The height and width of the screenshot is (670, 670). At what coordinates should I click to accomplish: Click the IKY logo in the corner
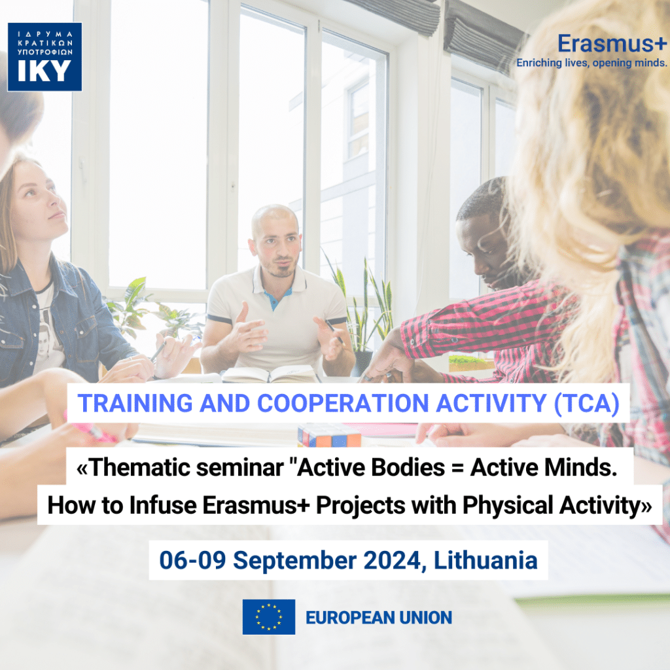pyautogui.click(x=44, y=57)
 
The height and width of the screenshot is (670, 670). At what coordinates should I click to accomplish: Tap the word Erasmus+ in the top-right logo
pyautogui.click(x=612, y=44)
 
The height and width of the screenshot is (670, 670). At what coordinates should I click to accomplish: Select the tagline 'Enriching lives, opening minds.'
pyautogui.click(x=591, y=63)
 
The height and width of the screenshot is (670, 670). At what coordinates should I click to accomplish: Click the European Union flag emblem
pyautogui.click(x=269, y=616)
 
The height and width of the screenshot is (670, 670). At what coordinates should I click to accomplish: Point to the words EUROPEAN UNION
pyautogui.click(x=379, y=618)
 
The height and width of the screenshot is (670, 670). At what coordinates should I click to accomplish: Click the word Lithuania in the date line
pyautogui.click(x=485, y=560)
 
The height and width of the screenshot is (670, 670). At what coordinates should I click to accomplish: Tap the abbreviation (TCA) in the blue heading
pyautogui.click(x=586, y=403)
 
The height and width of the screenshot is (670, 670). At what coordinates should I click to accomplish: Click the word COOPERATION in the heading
pyautogui.click(x=343, y=403)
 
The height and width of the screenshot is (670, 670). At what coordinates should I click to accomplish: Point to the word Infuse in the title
pyautogui.click(x=163, y=505)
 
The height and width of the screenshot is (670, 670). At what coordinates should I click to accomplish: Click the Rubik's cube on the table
pyautogui.click(x=329, y=435)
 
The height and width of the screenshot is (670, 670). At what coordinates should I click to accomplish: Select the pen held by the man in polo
pyautogui.click(x=334, y=332)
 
